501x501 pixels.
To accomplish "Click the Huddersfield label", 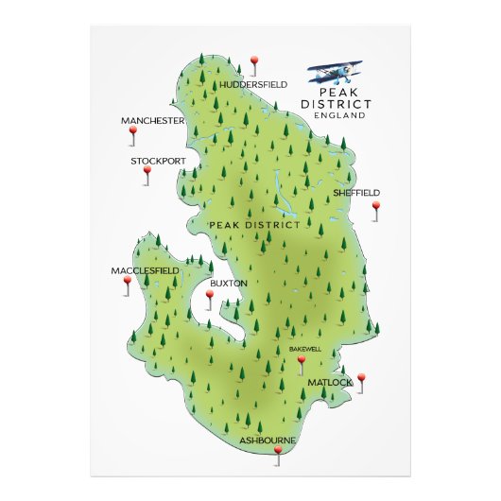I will (x=253, y=84).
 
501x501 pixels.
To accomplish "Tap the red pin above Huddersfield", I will (x=253, y=63).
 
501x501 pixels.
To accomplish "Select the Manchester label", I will (x=152, y=122).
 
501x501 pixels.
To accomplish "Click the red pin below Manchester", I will (x=132, y=134).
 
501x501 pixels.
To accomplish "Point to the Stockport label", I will (x=158, y=162).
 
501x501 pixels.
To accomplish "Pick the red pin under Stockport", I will (x=146, y=172).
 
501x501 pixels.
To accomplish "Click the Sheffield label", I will (x=356, y=192).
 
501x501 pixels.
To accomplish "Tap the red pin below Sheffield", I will (x=375, y=206).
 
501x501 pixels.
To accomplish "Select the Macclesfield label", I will (x=145, y=271).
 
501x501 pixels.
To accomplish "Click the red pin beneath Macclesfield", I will (x=127, y=282).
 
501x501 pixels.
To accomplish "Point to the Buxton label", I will (x=228, y=283).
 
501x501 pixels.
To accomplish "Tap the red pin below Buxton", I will (x=210, y=296).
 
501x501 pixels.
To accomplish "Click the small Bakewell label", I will (x=305, y=349).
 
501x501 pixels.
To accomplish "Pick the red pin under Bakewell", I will (x=302, y=360).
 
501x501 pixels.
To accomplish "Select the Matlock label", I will (x=329, y=382).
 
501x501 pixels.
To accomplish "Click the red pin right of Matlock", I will (x=361, y=379).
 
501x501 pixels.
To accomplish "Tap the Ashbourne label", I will (x=268, y=441).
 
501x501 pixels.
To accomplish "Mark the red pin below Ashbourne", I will (x=278, y=453).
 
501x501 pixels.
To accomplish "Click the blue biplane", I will (x=336, y=72).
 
